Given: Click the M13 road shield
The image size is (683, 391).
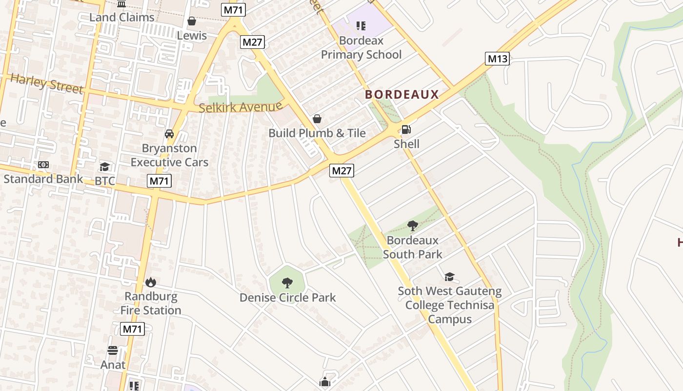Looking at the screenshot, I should (497, 59).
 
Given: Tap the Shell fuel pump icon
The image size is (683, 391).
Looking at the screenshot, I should (406, 130).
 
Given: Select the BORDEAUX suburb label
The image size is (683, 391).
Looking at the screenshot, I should (402, 95).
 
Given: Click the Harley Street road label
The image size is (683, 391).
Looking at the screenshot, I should (46, 84).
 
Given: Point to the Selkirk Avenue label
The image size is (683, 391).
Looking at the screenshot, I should (241, 107).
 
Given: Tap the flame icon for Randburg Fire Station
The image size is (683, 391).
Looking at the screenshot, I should (151, 282).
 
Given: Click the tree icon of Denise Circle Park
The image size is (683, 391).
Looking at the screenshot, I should (287, 282).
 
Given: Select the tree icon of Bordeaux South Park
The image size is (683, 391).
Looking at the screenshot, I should (413, 226).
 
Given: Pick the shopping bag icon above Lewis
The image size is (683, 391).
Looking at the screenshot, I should (192, 21).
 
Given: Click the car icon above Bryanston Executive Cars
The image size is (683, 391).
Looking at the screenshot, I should (169, 134).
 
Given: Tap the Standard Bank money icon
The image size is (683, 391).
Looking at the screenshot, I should (43, 165).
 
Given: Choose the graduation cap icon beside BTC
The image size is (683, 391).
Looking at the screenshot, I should (104, 167).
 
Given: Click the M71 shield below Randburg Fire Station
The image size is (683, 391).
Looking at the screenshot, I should (132, 329).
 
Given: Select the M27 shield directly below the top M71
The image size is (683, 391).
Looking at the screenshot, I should (253, 42).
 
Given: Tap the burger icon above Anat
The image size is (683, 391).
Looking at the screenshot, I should (113, 350).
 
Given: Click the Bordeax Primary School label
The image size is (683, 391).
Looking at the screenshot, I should (361, 47).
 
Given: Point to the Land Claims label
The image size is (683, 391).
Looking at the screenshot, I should (121, 17).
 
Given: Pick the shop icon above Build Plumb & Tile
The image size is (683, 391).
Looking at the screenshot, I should (317, 119).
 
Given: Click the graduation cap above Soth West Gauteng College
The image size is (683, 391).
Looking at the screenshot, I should (449, 277).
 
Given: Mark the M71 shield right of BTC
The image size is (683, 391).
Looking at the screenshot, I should (160, 181).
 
